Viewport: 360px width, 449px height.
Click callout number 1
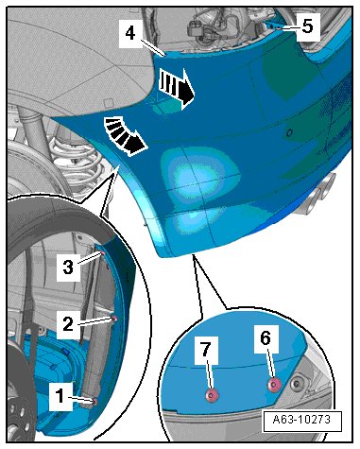coord(60,396)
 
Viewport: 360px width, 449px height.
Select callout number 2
coord(68,323)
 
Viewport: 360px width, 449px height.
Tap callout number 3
coord(68,267)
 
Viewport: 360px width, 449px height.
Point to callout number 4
coord(130,33)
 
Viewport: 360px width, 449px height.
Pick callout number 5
coord(307,26)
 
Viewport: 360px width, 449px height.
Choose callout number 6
coord(266,338)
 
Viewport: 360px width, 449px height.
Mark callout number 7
coord(206,349)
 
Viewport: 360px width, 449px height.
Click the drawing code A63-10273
coord(301,420)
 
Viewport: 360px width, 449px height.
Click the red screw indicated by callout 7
coord(212,394)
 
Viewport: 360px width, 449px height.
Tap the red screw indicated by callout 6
coord(274,385)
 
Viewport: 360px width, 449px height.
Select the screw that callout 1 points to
coord(94,401)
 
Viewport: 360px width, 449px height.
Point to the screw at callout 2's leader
coord(114,319)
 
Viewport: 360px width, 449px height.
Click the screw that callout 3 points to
coord(102,254)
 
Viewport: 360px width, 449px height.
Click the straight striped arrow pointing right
coord(177,87)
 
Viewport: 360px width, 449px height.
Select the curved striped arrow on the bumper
coord(125,135)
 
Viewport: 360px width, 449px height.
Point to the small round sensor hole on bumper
coord(289,132)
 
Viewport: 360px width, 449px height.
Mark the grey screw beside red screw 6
coord(296,383)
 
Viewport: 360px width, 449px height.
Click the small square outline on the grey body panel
coord(109,103)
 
